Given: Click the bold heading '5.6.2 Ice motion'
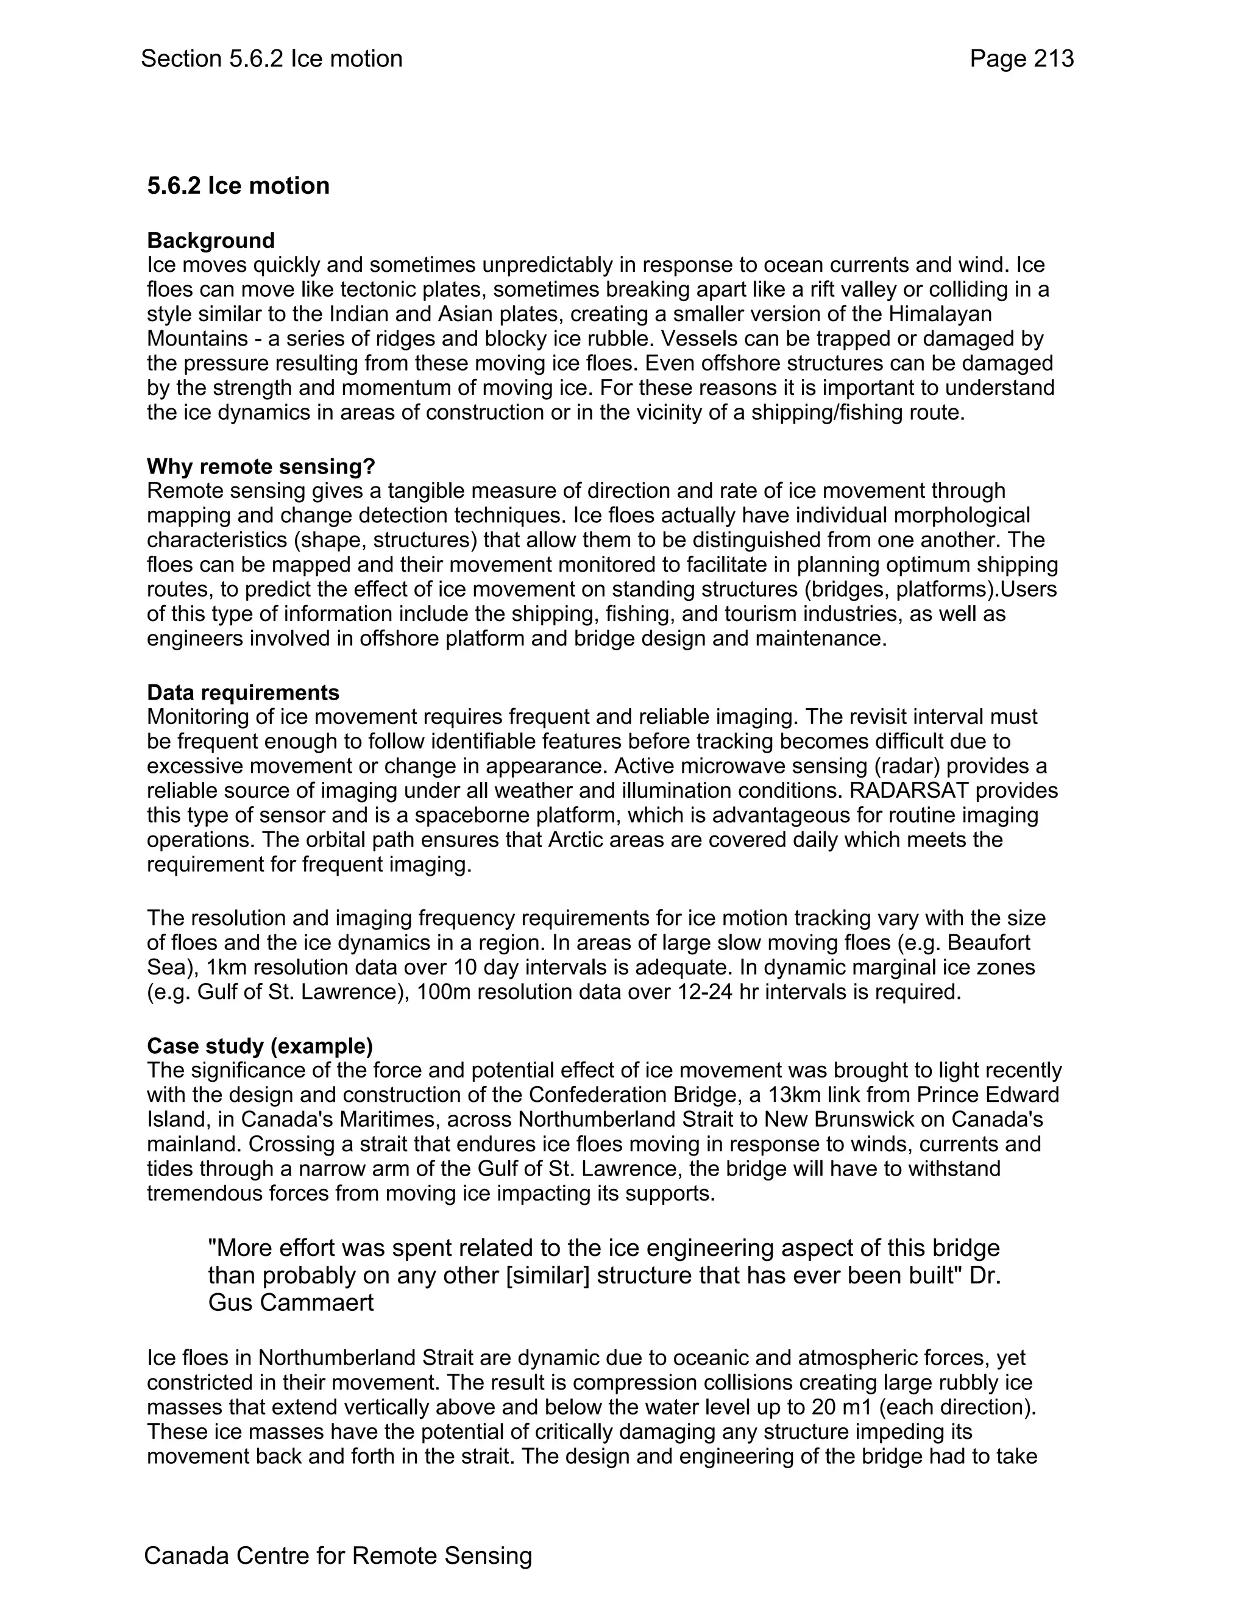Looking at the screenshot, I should coord(238,186).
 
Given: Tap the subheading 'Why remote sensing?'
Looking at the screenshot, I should coord(261,467).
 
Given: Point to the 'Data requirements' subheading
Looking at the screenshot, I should coord(243,692).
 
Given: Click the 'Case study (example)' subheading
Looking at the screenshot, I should coord(260,1046).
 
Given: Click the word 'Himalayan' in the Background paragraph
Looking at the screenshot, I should coord(940,314).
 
